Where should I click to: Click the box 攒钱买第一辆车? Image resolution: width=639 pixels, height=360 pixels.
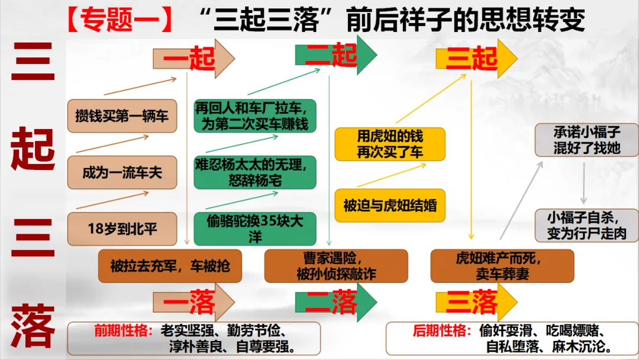122,115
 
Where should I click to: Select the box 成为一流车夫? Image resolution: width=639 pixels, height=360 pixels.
122,172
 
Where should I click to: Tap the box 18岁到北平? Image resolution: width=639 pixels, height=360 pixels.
122,229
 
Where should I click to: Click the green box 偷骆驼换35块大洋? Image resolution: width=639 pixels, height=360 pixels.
255,229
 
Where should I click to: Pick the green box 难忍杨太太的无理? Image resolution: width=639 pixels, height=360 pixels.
255,172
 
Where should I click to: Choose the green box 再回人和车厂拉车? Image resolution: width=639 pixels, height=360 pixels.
255,116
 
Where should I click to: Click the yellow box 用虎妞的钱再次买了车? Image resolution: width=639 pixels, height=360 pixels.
390,144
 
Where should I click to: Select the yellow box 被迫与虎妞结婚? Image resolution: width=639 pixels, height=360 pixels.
390,205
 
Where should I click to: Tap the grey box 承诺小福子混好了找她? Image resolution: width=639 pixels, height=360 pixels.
586,140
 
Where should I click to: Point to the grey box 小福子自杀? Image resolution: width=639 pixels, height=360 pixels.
586,225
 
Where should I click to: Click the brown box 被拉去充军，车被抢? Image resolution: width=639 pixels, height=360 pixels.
170,266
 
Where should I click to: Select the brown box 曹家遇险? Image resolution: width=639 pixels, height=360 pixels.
336,266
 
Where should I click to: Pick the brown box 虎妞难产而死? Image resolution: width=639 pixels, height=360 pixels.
502,266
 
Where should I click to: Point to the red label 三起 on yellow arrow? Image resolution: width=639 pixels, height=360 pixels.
472,58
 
